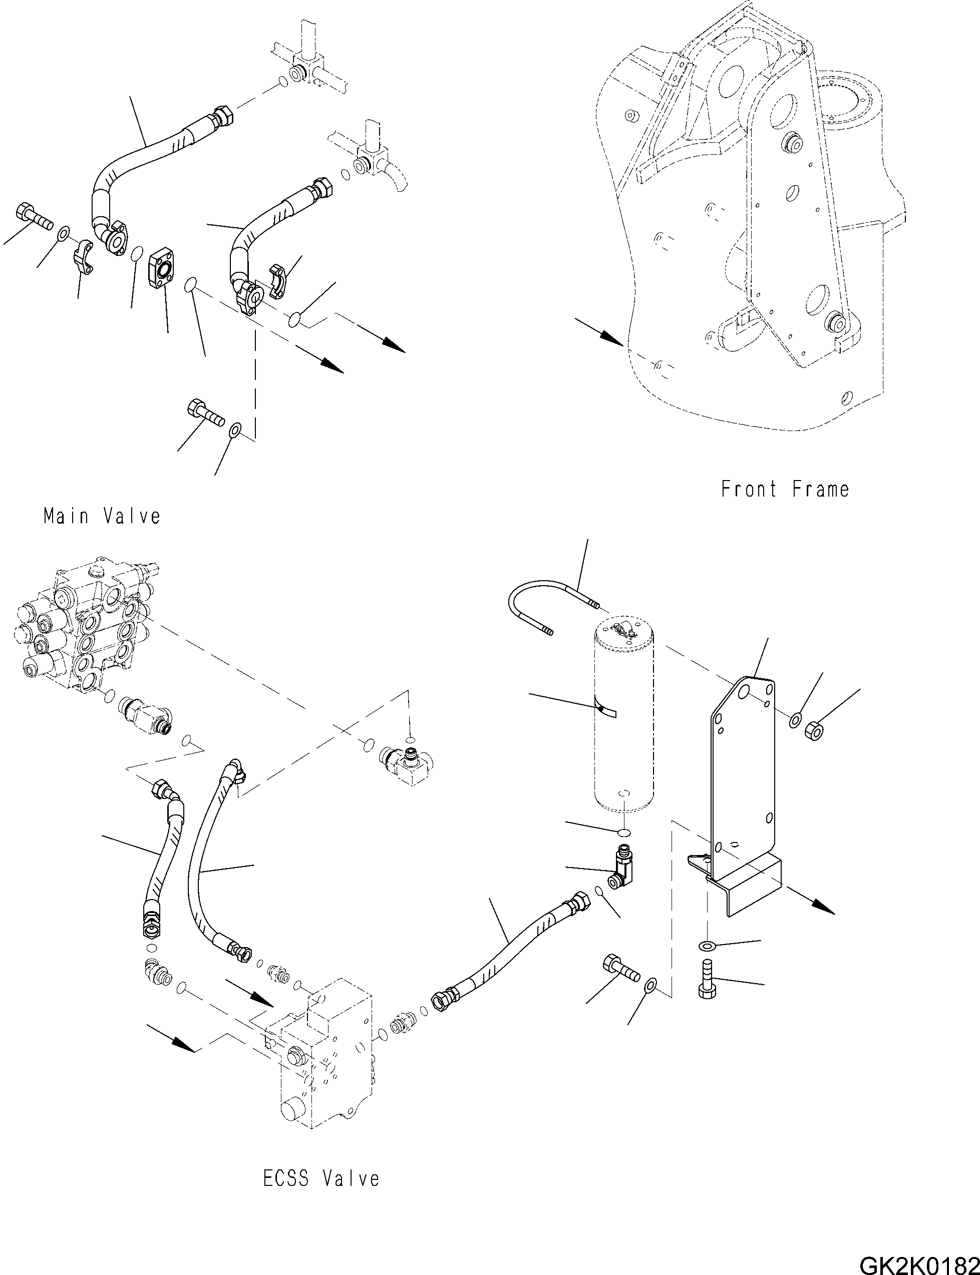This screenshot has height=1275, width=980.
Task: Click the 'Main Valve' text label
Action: (x=102, y=516)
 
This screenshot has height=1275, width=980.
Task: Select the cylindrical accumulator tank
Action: (x=623, y=717)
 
